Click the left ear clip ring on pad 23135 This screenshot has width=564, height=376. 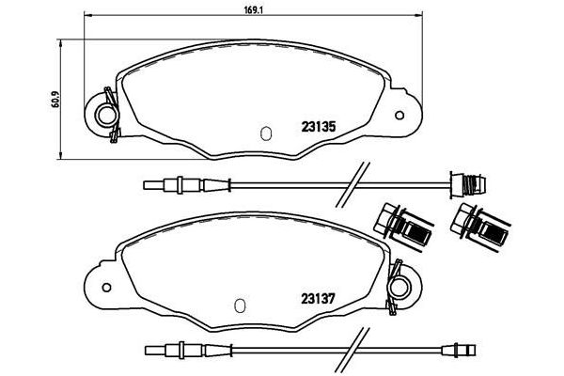(x=106, y=116)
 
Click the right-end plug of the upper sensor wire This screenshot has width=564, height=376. (x=460, y=183)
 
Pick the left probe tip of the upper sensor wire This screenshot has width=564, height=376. (x=149, y=183)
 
